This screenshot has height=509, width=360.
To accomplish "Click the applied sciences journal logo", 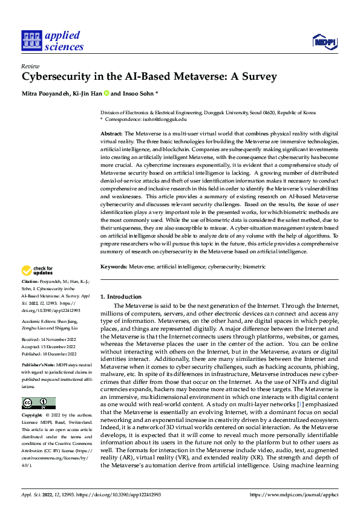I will pos(52,41).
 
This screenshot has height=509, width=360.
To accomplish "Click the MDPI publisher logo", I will pos(324,41).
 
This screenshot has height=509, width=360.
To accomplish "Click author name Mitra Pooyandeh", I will pos(45,94).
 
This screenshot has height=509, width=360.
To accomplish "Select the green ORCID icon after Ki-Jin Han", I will pos(106,94).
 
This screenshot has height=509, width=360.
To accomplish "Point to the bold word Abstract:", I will pos(111,132).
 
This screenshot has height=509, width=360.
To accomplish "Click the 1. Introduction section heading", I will pos(120,297).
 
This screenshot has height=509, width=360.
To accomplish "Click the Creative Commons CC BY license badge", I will pos(38,403).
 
